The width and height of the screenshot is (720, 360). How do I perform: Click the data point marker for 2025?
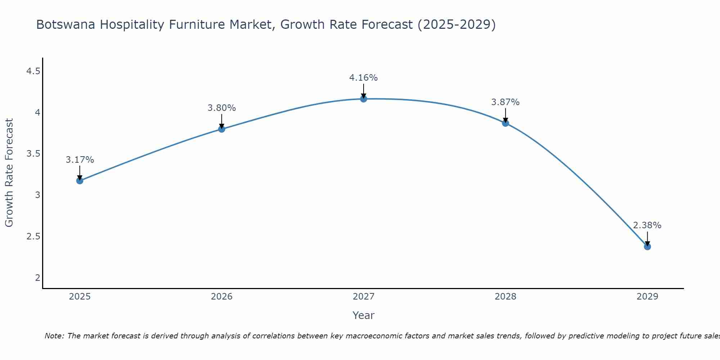[x=80, y=180]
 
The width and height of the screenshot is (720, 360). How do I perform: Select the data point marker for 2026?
[x=222, y=129]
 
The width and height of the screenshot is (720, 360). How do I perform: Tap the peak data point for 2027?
[x=364, y=99]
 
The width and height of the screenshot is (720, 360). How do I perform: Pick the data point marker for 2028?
[x=505, y=123]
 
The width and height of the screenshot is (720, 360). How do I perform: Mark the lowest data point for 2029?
[x=647, y=247]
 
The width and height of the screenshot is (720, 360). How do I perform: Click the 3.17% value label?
[x=80, y=160]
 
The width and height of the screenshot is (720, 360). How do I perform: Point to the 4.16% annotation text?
[x=364, y=78]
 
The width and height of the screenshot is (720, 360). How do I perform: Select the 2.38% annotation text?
[x=647, y=225]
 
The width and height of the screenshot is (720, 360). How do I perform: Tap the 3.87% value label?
[x=505, y=102]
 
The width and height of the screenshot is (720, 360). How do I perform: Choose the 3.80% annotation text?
[x=222, y=108]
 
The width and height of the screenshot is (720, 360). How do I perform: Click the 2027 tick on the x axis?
[x=364, y=297]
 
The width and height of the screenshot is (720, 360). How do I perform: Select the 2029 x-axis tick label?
[x=647, y=297]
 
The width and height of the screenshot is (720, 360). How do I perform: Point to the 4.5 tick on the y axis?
[x=33, y=71]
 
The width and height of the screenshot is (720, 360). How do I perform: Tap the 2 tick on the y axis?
[x=37, y=278]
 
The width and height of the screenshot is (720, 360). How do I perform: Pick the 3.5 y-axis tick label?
[x=33, y=154]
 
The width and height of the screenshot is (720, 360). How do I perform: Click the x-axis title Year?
[x=364, y=315]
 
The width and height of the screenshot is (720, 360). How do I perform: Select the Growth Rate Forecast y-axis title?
[x=9, y=173]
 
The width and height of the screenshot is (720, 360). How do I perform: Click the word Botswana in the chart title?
[x=66, y=24]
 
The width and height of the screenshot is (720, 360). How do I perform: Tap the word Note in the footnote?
[x=54, y=336]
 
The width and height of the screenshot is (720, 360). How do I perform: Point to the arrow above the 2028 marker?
[x=505, y=115]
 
